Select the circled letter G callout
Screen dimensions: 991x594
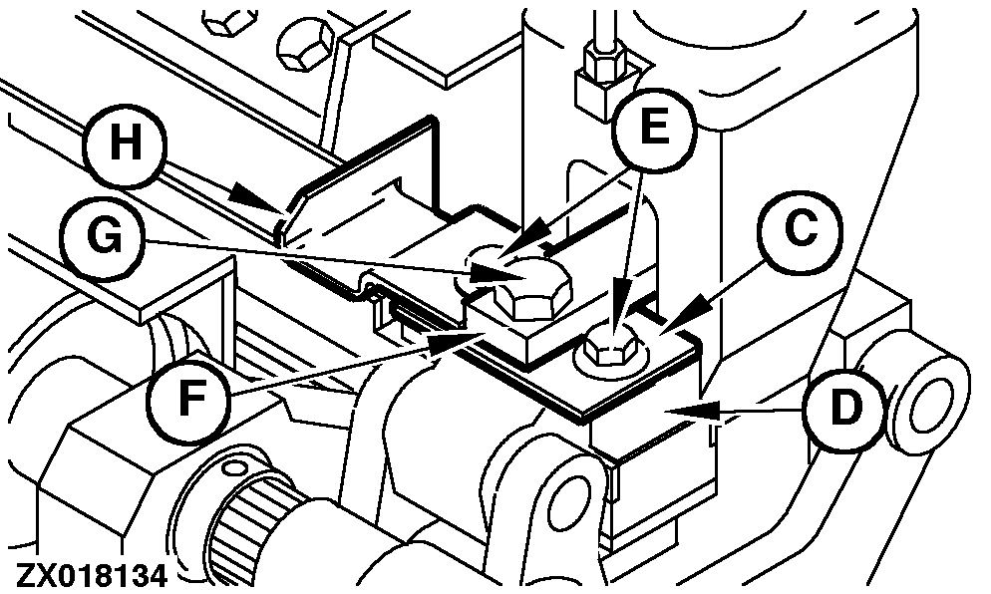click(x=103, y=238)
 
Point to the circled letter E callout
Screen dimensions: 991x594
click(x=654, y=130)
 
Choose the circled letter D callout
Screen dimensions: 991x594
click(x=846, y=409)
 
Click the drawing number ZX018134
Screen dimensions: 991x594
click(x=92, y=576)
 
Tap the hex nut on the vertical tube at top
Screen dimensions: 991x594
click(x=605, y=62)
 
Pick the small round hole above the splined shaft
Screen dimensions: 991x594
click(x=234, y=468)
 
